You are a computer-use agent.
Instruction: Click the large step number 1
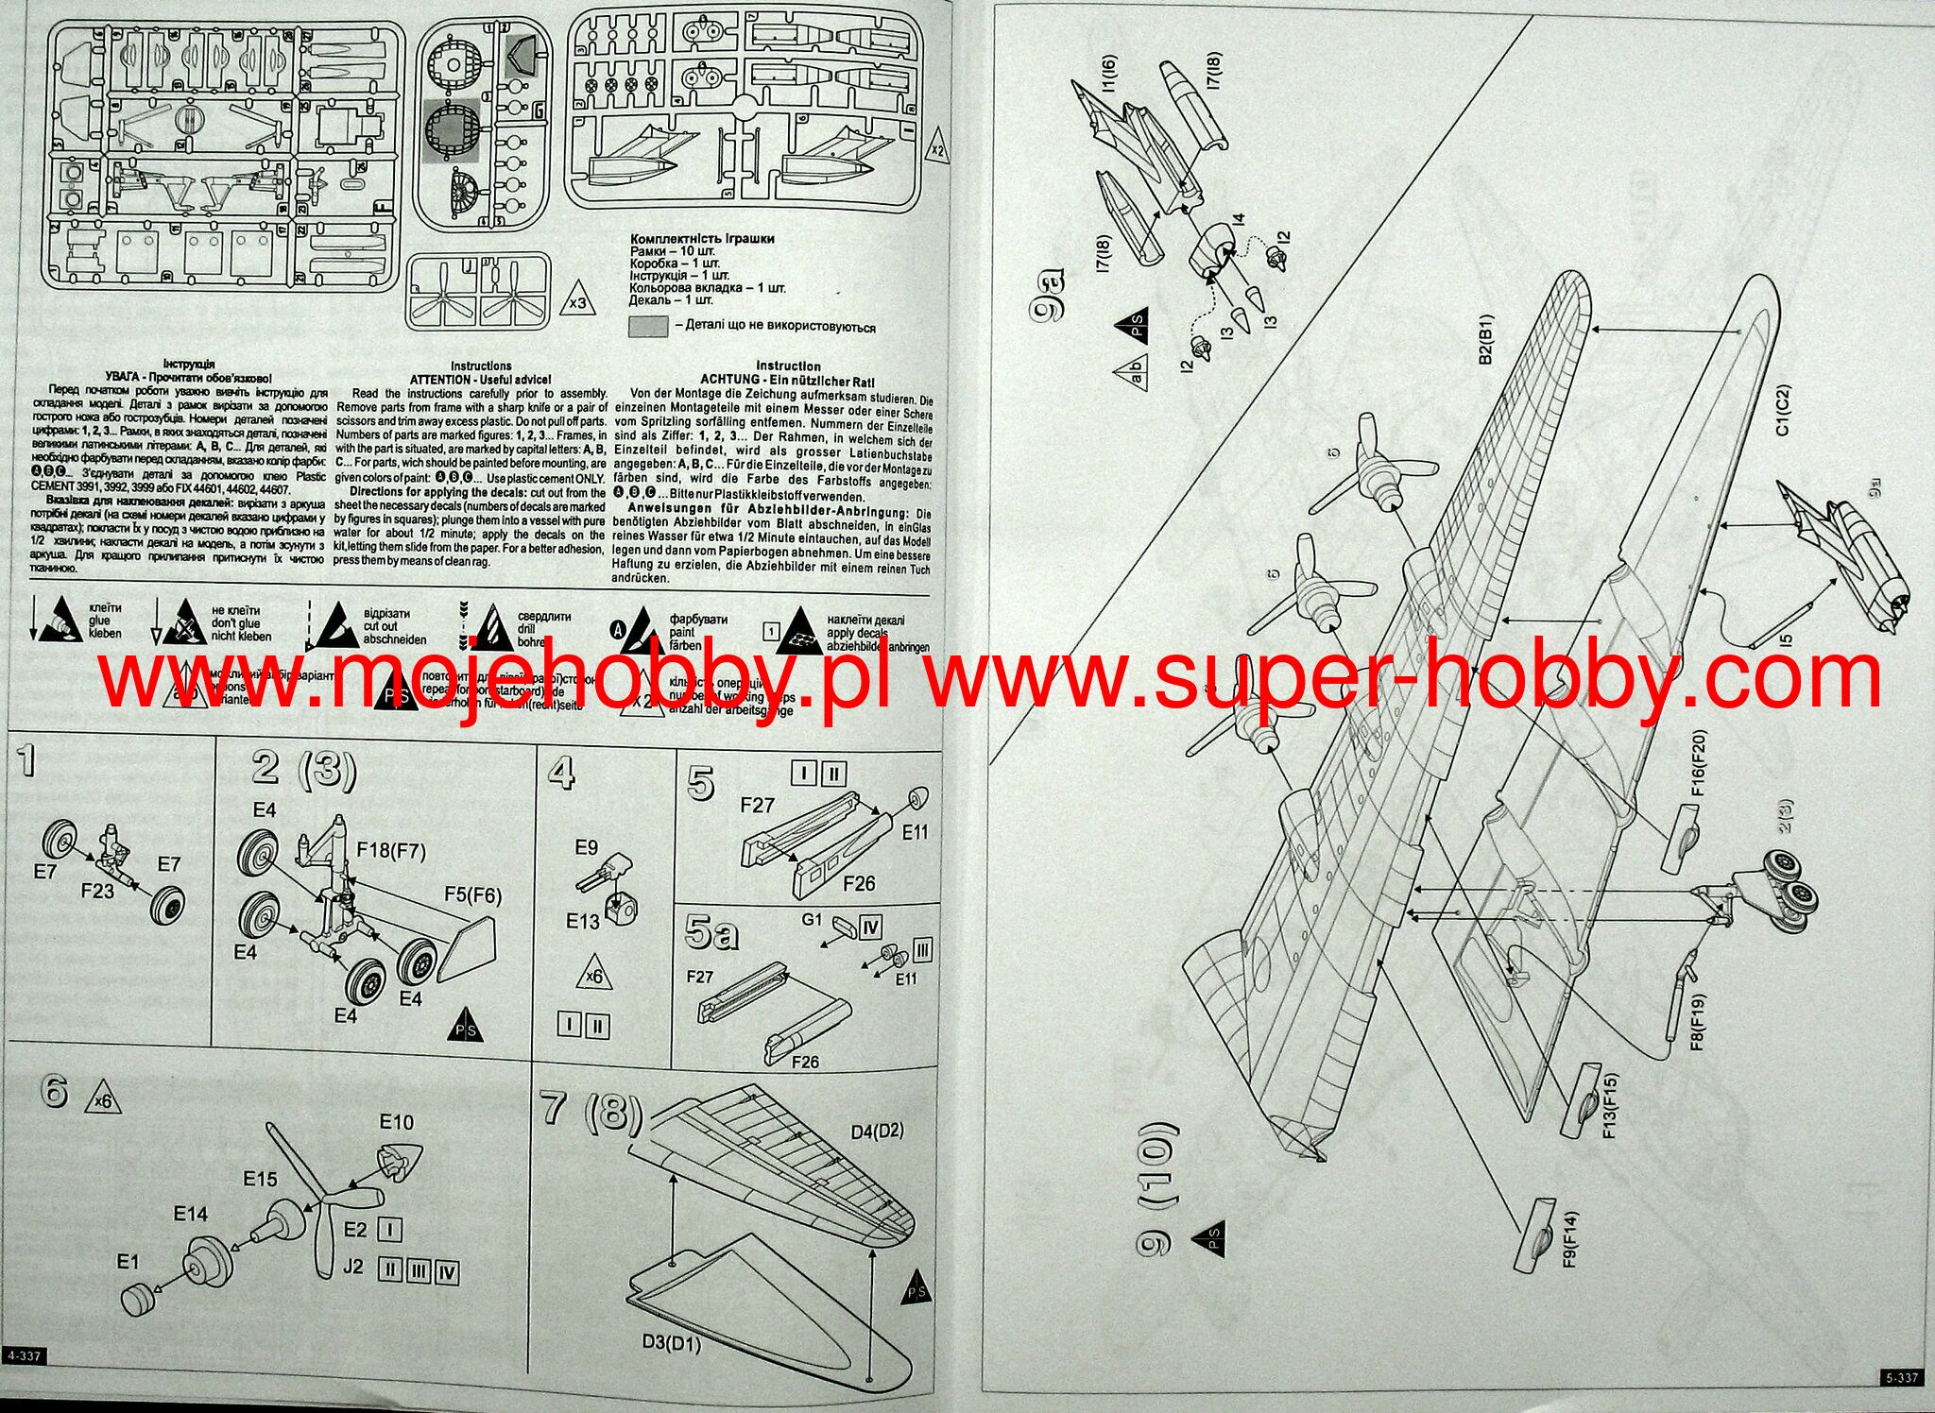28,760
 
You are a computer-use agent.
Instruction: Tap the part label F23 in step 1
98,890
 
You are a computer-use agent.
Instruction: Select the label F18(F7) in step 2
390,850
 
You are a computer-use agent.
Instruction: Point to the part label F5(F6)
472,894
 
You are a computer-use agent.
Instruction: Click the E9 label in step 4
586,847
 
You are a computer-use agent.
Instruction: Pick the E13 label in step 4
583,920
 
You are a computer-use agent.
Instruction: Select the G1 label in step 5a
812,918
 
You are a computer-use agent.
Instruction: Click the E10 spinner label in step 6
397,1122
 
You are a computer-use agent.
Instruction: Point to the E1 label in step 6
128,1262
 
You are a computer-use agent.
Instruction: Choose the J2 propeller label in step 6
352,1267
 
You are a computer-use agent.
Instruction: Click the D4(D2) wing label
877,1131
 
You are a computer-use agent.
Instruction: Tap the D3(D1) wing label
672,1342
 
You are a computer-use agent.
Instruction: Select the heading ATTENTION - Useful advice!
480,380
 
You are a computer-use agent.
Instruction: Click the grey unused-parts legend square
647,327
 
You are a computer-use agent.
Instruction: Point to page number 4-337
24,1356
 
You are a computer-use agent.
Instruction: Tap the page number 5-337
1902,1378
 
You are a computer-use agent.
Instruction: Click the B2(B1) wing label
1485,340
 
